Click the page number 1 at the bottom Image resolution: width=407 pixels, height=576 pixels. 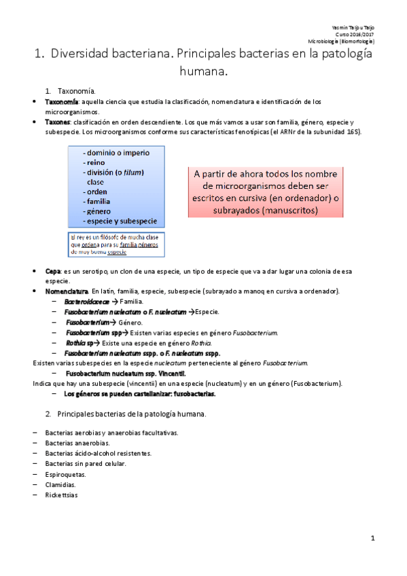(x=373, y=538)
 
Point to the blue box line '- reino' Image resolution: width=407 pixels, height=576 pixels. (x=93, y=163)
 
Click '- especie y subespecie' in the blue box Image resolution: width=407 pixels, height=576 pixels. (x=120, y=221)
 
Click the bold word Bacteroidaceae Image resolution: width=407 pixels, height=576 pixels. (x=88, y=301)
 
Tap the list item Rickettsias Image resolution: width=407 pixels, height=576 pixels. (x=62, y=495)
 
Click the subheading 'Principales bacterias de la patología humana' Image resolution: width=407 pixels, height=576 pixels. (x=132, y=413)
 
